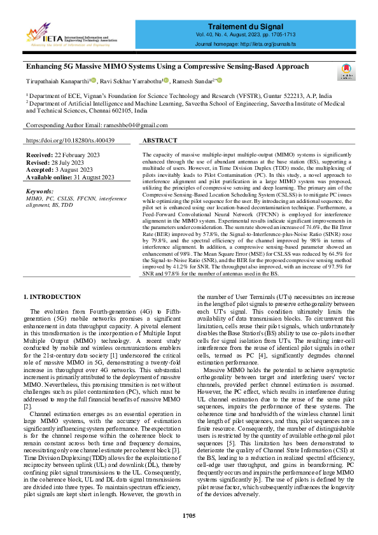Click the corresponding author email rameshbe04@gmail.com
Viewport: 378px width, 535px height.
point(137,126)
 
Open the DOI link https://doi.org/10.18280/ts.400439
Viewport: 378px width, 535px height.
point(71,140)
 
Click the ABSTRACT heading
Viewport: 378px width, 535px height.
point(160,140)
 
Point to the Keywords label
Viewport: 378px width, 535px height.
point(39,191)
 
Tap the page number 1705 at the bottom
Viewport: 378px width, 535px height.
point(188,515)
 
